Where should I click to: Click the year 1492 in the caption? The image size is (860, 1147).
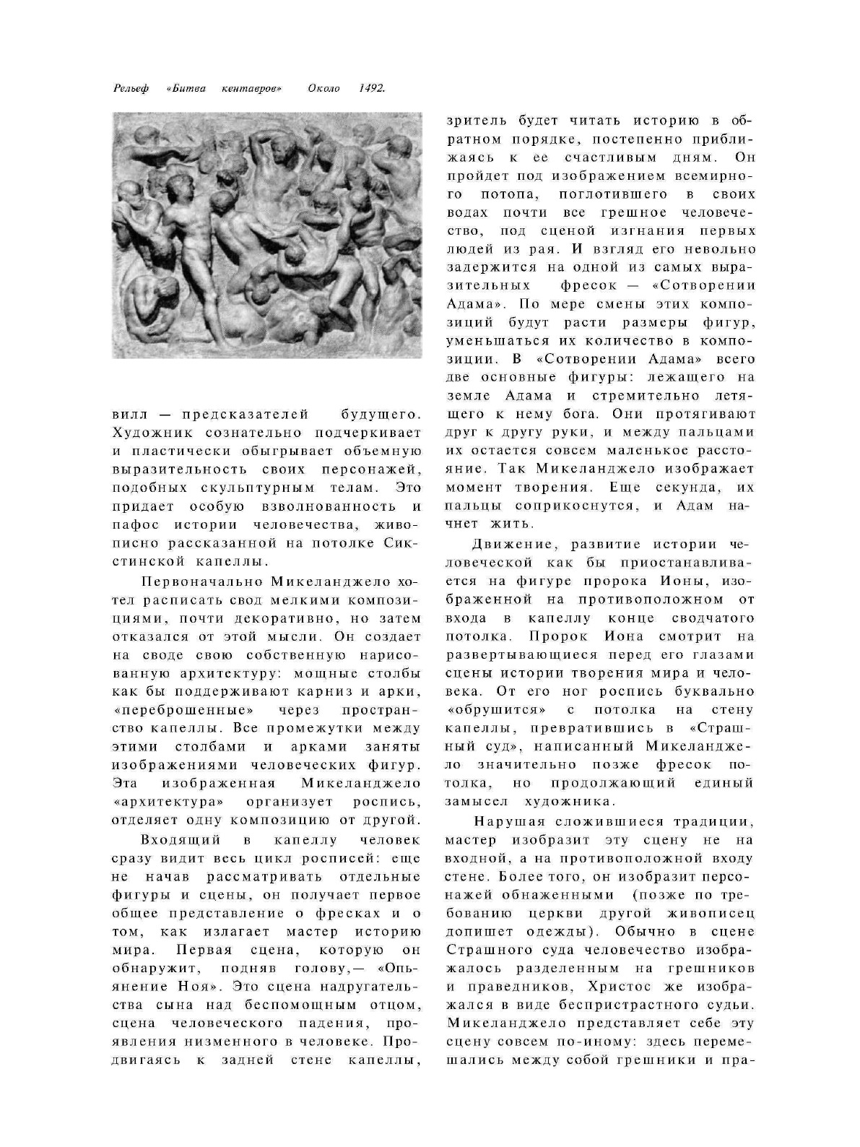[371, 89]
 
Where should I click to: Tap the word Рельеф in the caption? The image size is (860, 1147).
[131, 89]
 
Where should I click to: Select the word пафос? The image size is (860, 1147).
[133, 524]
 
